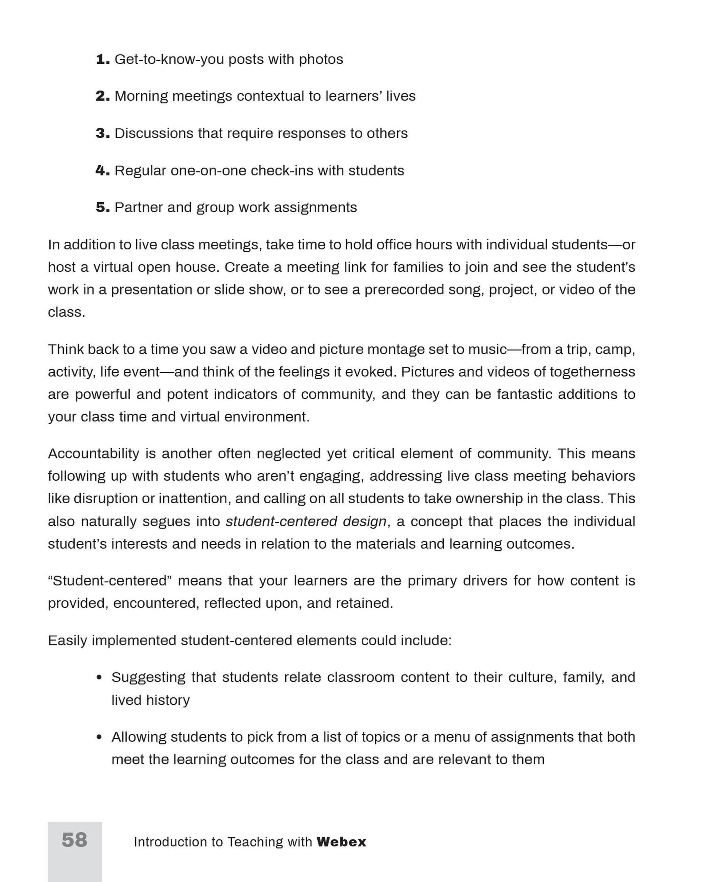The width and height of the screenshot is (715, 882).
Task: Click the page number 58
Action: (x=74, y=840)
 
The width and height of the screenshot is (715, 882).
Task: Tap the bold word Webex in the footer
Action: (x=341, y=842)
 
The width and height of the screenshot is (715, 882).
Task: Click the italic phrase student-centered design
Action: (x=306, y=521)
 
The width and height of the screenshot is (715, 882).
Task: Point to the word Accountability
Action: (x=94, y=454)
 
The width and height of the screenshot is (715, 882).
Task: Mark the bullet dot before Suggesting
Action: (x=99, y=678)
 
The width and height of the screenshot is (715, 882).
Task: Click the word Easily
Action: (x=68, y=641)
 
